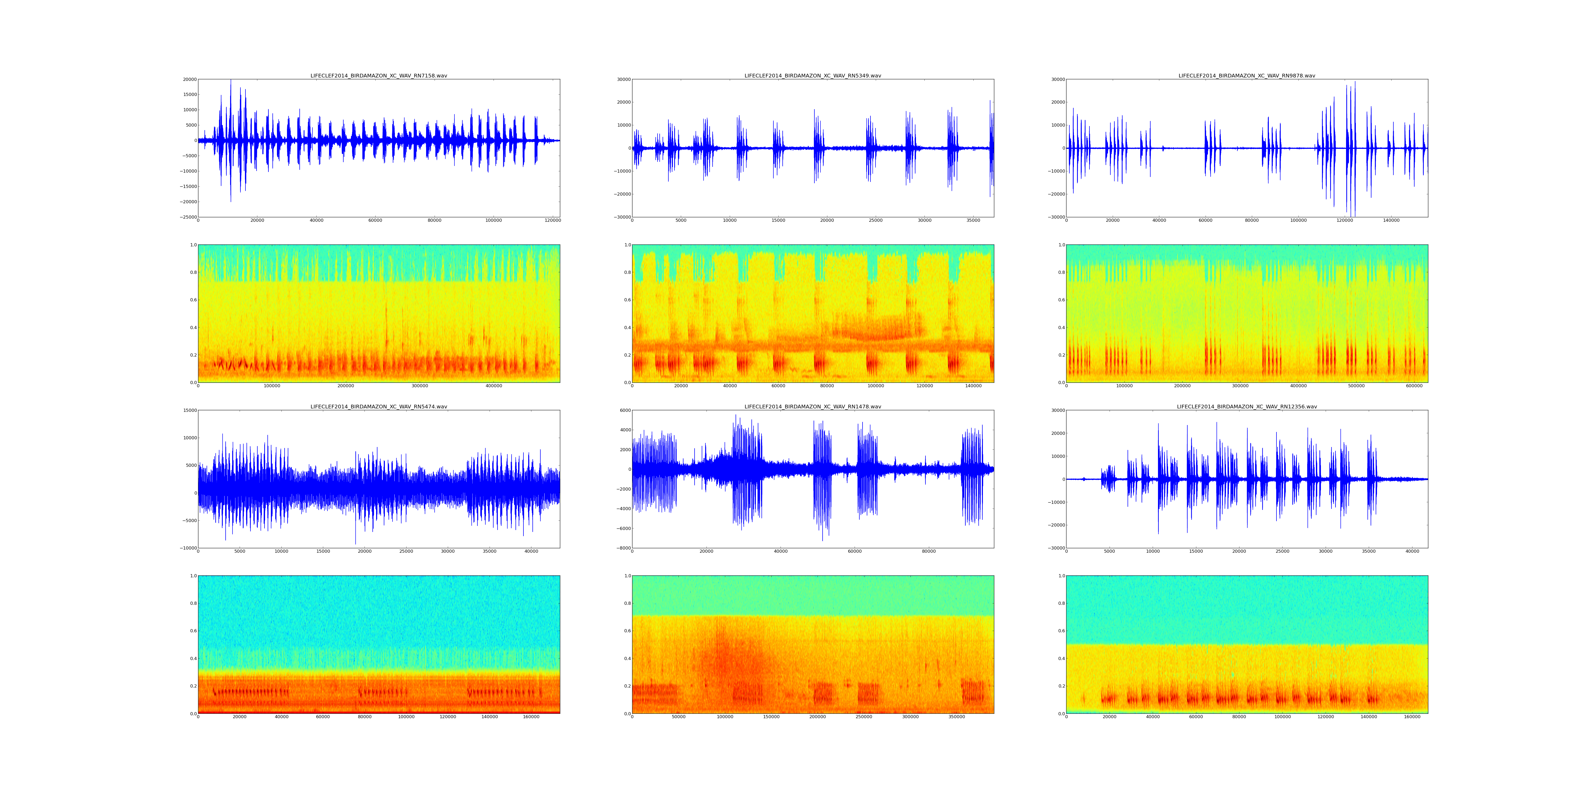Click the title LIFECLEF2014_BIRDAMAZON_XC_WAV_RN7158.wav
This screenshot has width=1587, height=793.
click(378, 76)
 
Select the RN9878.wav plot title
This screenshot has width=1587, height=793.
click(1246, 76)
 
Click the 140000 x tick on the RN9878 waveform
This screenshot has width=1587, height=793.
click(1391, 220)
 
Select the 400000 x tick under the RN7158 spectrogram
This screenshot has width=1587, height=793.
click(494, 386)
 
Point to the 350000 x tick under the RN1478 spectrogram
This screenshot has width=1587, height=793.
click(956, 717)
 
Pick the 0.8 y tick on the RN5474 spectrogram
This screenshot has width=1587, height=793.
click(192, 603)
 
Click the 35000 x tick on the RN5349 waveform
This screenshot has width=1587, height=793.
click(973, 220)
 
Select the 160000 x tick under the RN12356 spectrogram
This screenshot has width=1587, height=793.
click(1412, 717)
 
